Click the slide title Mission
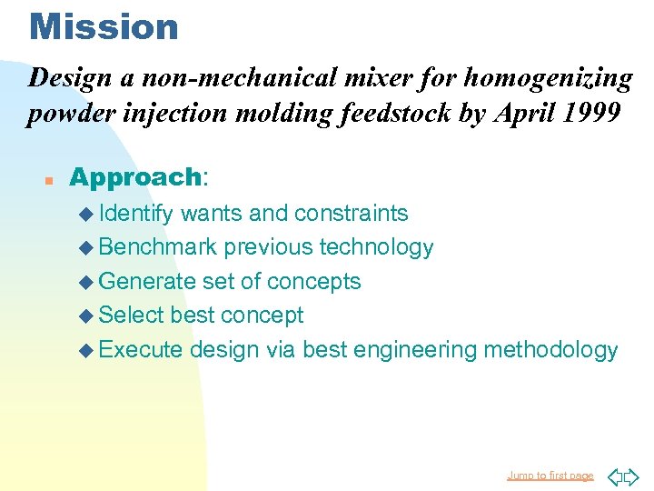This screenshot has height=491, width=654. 104,26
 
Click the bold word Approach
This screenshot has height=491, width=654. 134,176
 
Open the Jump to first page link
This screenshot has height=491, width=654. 550,476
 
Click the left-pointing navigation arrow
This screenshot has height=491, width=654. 614,476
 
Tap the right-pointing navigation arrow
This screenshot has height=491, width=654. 631,476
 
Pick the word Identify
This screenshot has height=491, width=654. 136,214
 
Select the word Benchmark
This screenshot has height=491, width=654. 158,247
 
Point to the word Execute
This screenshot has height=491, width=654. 141,350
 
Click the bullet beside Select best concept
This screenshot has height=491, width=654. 86,316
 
